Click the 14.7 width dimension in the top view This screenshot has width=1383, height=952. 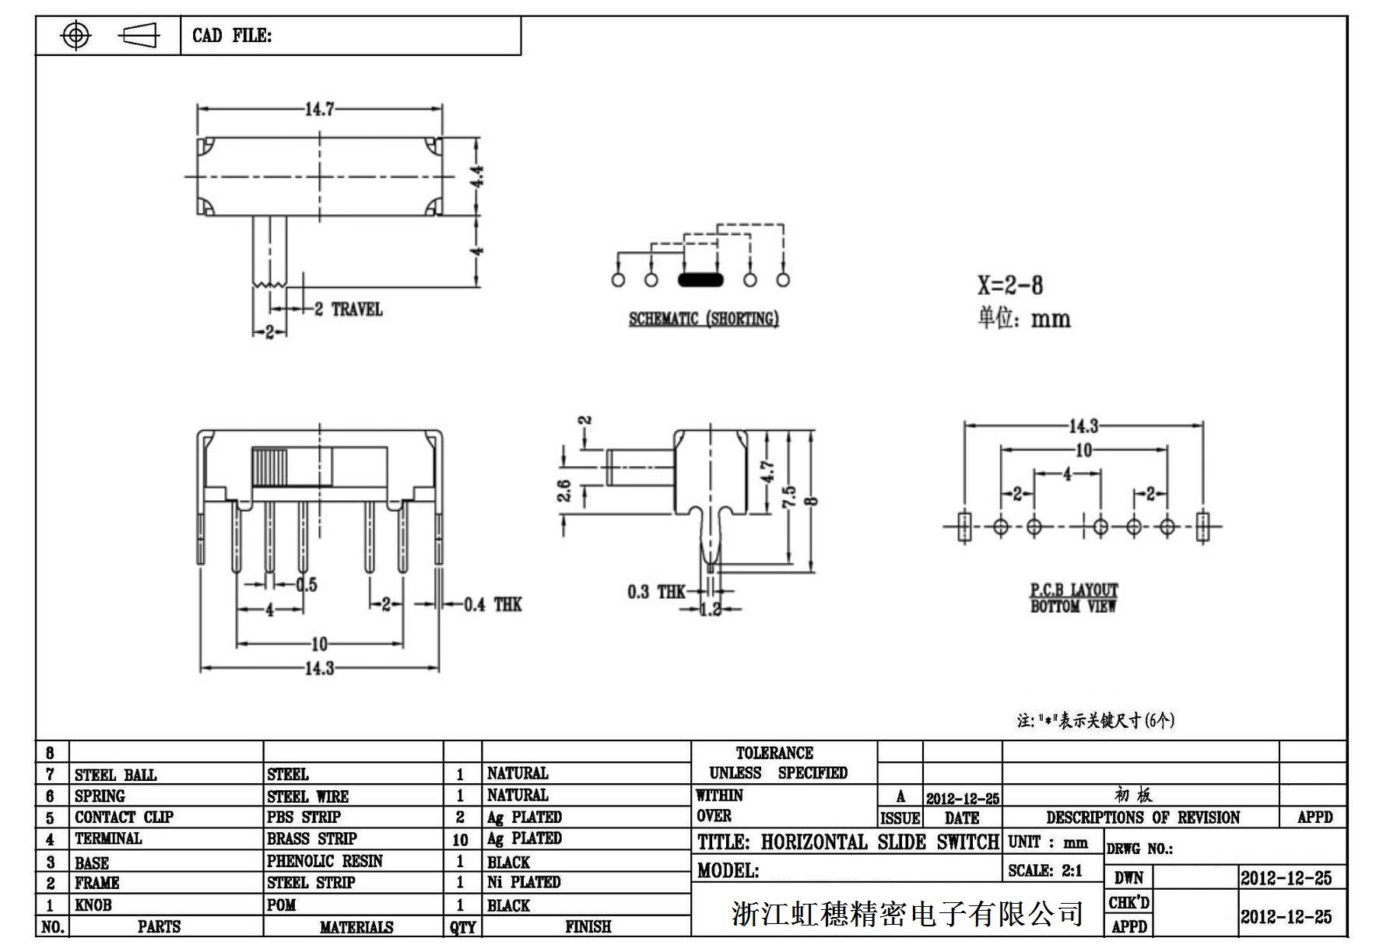[x=319, y=109]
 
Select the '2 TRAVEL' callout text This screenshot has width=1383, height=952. [x=349, y=310]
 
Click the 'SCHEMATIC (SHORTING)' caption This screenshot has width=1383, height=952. [x=704, y=319]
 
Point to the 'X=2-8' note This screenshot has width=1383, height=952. [x=1010, y=285]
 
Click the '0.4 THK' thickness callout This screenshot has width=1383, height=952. [x=493, y=604]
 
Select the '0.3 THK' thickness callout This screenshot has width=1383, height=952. [x=656, y=593]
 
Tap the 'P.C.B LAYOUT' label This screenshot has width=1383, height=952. [x=1074, y=590]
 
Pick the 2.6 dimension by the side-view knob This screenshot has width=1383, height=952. [x=564, y=492]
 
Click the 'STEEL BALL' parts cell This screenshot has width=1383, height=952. [x=115, y=775]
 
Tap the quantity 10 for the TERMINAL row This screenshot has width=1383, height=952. [x=460, y=840]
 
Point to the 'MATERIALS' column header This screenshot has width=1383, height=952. [x=356, y=927]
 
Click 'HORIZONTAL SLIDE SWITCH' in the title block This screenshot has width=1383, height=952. [x=879, y=842]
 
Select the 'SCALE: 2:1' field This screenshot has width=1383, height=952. [x=1045, y=871]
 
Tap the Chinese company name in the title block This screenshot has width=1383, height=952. [x=907, y=914]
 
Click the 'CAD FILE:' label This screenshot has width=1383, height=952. [x=232, y=36]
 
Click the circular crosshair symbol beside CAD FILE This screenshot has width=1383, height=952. [x=75, y=36]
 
